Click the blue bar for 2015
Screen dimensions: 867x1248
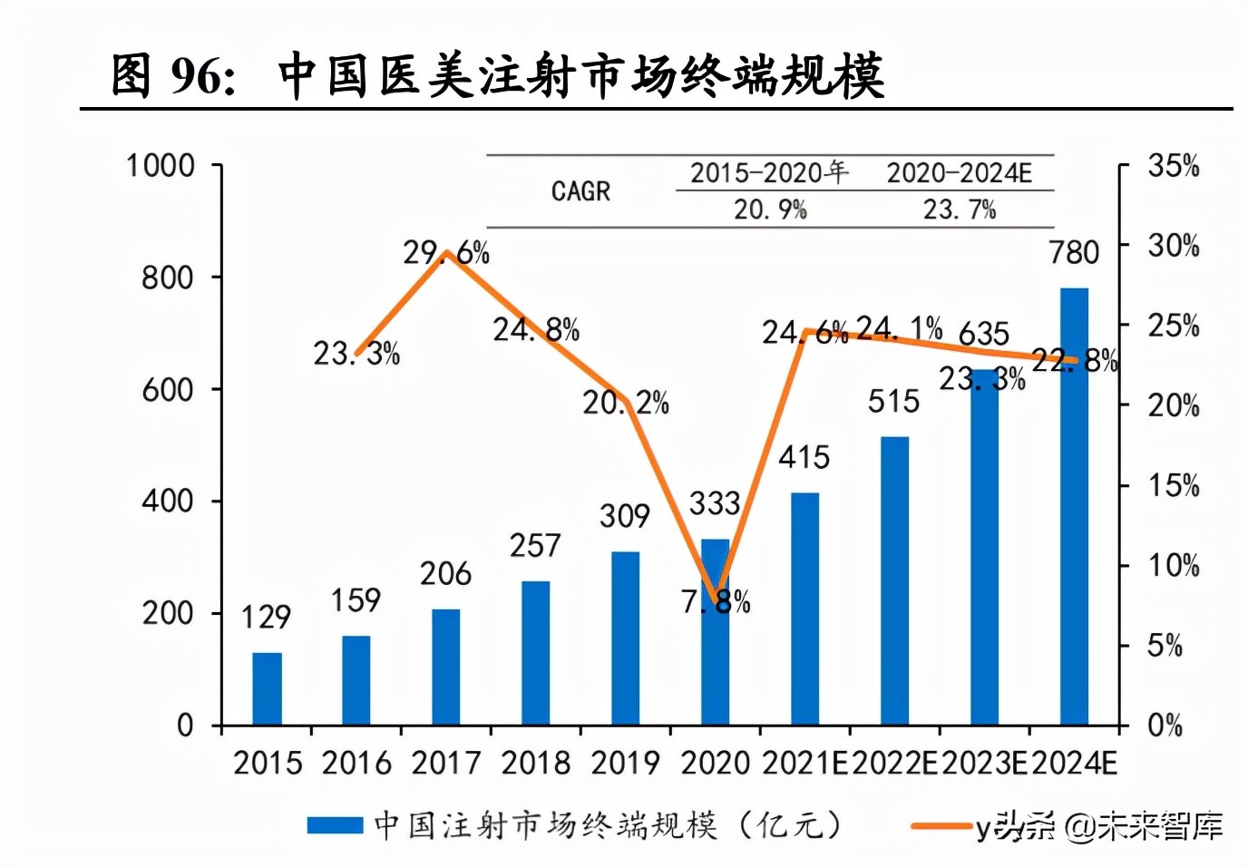coord(267,688)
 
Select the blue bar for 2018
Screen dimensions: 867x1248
coord(535,653)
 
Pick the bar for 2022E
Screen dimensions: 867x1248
coord(894,580)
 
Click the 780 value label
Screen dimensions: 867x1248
coord(1074,252)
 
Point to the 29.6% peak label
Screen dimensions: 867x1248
coord(445,252)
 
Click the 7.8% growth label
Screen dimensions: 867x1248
coord(716,601)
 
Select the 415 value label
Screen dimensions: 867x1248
coord(804,457)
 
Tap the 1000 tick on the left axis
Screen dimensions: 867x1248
coord(161,166)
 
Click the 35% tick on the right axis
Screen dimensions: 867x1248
coord(1173,166)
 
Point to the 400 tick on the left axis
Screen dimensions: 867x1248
coord(168,501)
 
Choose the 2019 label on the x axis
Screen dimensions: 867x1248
coord(625,763)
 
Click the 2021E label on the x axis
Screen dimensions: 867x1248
coord(804,763)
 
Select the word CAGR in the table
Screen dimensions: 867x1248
coord(580,191)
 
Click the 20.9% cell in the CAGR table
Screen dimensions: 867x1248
coord(770,209)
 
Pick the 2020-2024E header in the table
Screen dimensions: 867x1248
coord(959,172)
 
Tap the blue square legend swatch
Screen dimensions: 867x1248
coord(335,825)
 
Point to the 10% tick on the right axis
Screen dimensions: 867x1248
coord(1173,566)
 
